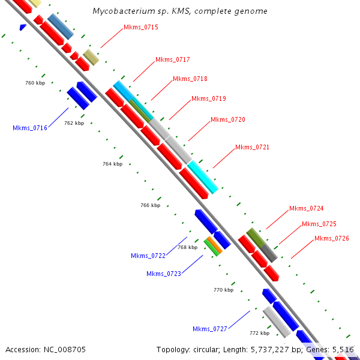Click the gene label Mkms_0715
click(140, 27)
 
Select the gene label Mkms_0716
click(29, 128)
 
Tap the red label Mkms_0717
click(172, 59)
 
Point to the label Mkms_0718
click(190, 79)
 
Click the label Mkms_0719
click(208, 98)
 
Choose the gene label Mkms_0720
click(227, 120)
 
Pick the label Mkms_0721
click(252, 147)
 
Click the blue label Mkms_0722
click(148, 256)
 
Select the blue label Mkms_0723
click(164, 274)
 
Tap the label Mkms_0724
click(306, 209)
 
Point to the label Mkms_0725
click(319, 224)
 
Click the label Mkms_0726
click(331, 238)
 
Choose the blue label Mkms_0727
click(209, 329)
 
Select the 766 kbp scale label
click(150, 205)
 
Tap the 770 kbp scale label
click(223, 290)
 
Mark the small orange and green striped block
click(212, 246)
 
